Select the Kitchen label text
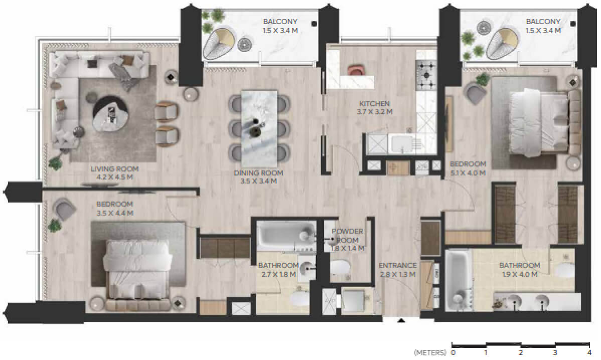374,104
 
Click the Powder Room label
347,236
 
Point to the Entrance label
397,265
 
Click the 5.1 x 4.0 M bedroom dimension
468,173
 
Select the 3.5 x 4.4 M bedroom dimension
115,213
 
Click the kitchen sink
401,143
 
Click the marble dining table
259,126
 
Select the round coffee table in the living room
111,114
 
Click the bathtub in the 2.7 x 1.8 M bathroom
286,234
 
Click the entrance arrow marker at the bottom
401,320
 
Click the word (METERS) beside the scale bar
430,352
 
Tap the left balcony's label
280,26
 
